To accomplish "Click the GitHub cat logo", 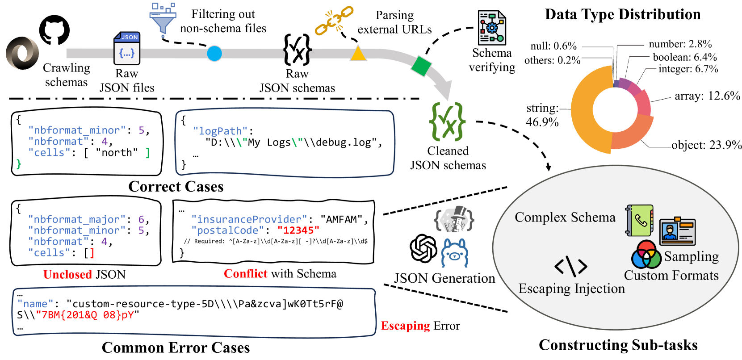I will [x=54, y=30].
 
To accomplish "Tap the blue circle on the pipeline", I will [x=214, y=54].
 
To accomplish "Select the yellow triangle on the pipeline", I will [x=358, y=54].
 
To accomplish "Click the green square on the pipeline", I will [x=421, y=66].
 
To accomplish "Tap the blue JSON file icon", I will [x=127, y=49].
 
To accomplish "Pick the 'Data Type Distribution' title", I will [x=623, y=14].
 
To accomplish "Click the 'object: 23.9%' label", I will [x=706, y=145].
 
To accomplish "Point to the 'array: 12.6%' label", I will [x=707, y=96].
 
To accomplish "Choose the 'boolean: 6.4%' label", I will [x=684, y=57].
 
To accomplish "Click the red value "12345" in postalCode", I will [x=298, y=230].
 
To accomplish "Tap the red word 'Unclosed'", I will [x=67, y=274].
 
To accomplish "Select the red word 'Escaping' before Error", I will [x=405, y=326].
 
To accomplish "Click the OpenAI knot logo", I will [x=423, y=248].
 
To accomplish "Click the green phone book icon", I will [x=640, y=221].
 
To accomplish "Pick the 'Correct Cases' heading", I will [x=176, y=186].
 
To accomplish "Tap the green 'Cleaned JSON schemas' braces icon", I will [x=447, y=121].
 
